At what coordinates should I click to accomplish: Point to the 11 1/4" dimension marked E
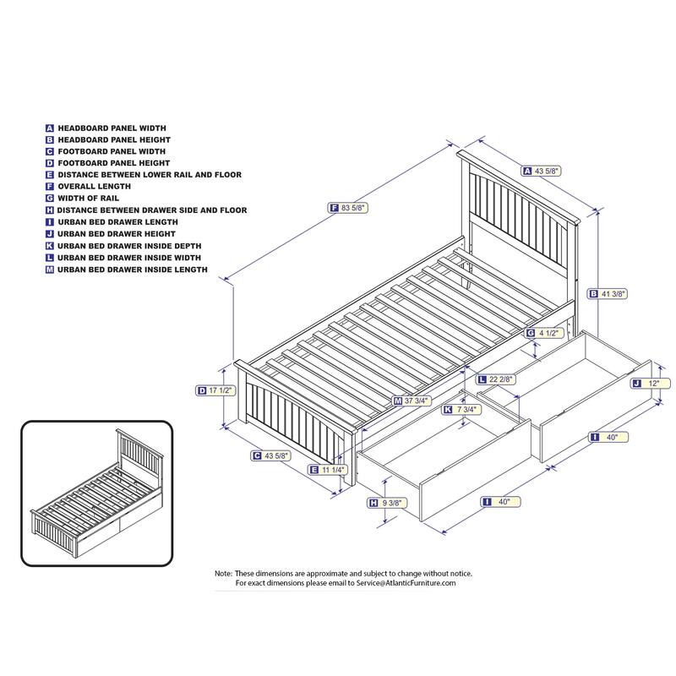click(x=330, y=469)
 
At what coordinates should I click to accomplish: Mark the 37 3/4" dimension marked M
click(x=413, y=401)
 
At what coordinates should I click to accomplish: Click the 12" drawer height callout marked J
click(x=651, y=383)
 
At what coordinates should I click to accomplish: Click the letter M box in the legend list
click(x=50, y=270)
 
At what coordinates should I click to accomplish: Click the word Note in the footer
click(x=223, y=573)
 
